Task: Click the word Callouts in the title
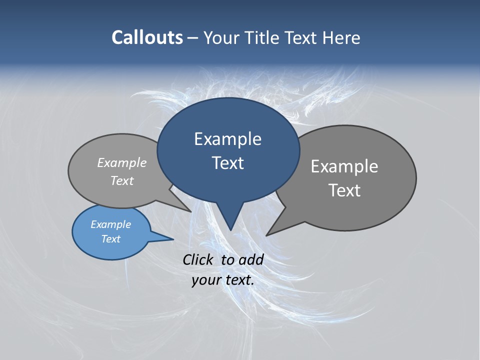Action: pyautogui.click(x=147, y=37)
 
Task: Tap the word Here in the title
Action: pyautogui.click(x=342, y=38)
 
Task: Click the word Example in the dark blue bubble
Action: pyautogui.click(x=227, y=139)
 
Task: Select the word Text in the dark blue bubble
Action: pyautogui.click(x=227, y=163)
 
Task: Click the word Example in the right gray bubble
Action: pyautogui.click(x=344, y=166)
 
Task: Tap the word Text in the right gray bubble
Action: pyautogui.click(x=344, y=190)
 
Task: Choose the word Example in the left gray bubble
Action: pyautogui.click(x=122, y=162)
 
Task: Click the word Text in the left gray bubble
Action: pyautogui.click(x=122, y=180)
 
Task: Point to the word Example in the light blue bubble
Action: pyautogui.click(x=110, y=224)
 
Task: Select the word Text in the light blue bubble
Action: pyautogui.click(x=110, y=239)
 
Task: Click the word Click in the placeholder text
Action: pyautogui.click(x=198, y=259)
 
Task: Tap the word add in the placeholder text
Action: pyautogui.click(x=251, y=259)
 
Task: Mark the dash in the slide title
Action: pyautogui.click(x=193, y=38)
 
